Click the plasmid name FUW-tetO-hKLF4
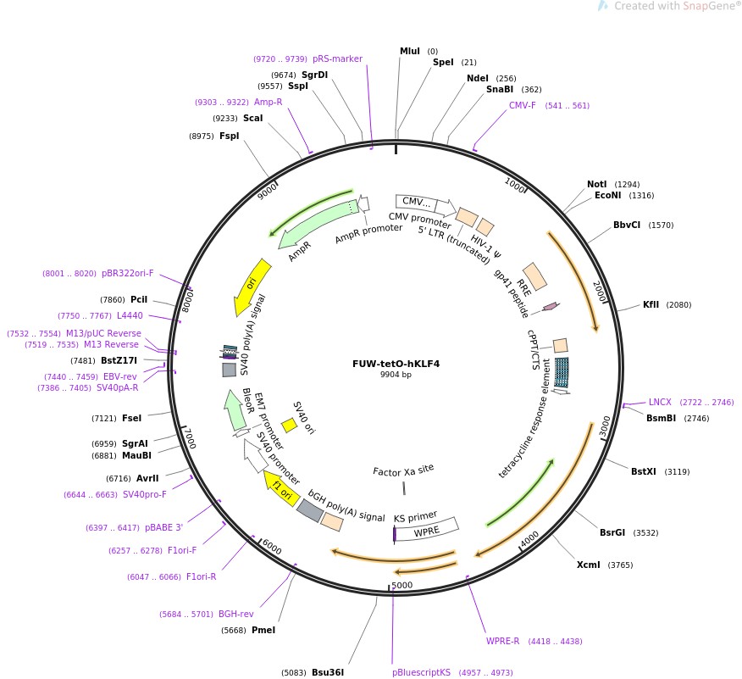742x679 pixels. [396, 364]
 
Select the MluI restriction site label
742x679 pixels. [410, 51]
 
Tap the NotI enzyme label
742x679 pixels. [597, 184]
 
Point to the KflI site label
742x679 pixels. [651, 304]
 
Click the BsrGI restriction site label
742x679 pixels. [612, 532]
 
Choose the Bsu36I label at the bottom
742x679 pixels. [328, 672]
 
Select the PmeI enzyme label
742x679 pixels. [263, 630]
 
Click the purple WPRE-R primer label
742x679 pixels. [502, 641]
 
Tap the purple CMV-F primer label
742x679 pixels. [522, 106]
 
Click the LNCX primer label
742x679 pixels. [660, 402]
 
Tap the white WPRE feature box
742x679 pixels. [427, 532]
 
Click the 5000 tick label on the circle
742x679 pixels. [401, 585]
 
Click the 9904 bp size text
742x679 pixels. [396, 375]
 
